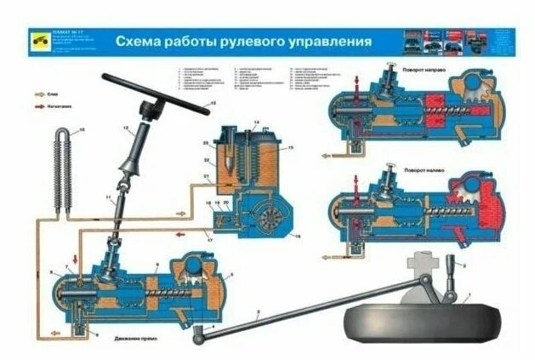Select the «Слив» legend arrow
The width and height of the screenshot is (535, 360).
pos(41,94)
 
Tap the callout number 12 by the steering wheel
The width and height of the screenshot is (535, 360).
pos(213,102)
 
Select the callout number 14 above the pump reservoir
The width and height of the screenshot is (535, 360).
pos(255,124)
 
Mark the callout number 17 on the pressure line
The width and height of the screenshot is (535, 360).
pos(210,241)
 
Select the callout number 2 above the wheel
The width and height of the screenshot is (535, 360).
pos(465,266)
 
